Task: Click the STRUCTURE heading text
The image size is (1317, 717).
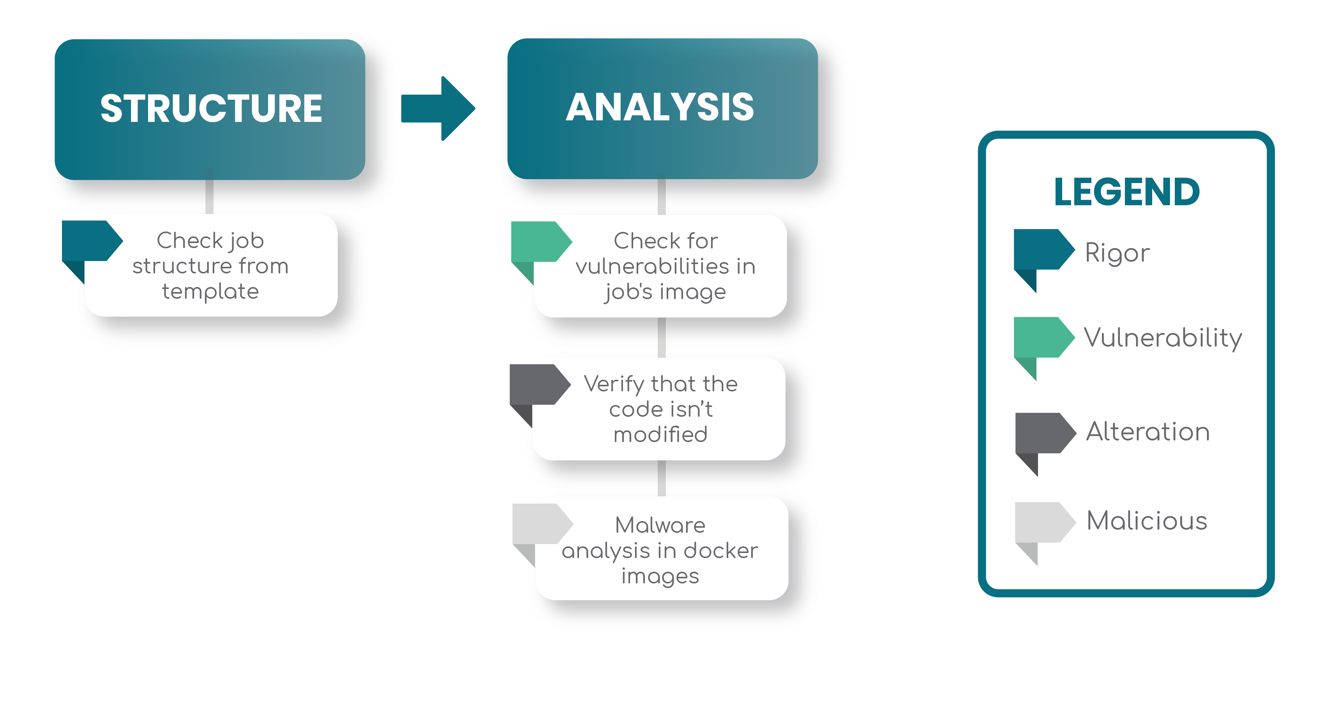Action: pos(211,108)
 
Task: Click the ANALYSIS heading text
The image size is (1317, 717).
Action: pos(660,107)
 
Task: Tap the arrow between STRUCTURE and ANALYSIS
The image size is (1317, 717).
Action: pos(440,108)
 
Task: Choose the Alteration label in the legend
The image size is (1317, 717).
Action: pos(1148,432)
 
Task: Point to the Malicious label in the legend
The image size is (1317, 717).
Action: pos(1147,521)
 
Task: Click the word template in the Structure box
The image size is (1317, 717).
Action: pos(210,291)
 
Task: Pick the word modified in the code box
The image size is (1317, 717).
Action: pos(660,434)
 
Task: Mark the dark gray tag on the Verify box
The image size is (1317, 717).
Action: pos(537,385)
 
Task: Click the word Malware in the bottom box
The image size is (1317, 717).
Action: pos(660,525)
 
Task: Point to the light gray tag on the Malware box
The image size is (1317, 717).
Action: pos(539,524)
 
